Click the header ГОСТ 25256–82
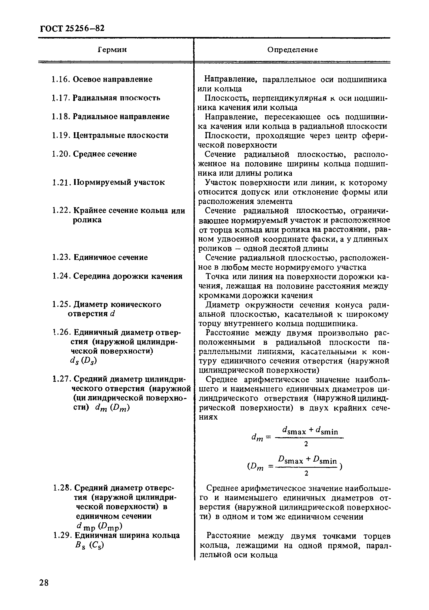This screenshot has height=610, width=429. click(72, 28)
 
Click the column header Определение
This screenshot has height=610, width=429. click(292, 50)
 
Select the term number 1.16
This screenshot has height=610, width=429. click(61, 79)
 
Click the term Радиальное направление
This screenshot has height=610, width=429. click(121, 117)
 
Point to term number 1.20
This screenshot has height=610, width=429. click(61, 154)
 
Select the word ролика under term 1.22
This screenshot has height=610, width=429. click(87, 220)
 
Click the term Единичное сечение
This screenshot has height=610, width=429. click(110, 257)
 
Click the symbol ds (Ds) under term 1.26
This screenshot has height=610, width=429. click(83, 361)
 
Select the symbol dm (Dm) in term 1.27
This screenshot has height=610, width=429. click(112, 408)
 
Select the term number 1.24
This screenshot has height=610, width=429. click(61, 276)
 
